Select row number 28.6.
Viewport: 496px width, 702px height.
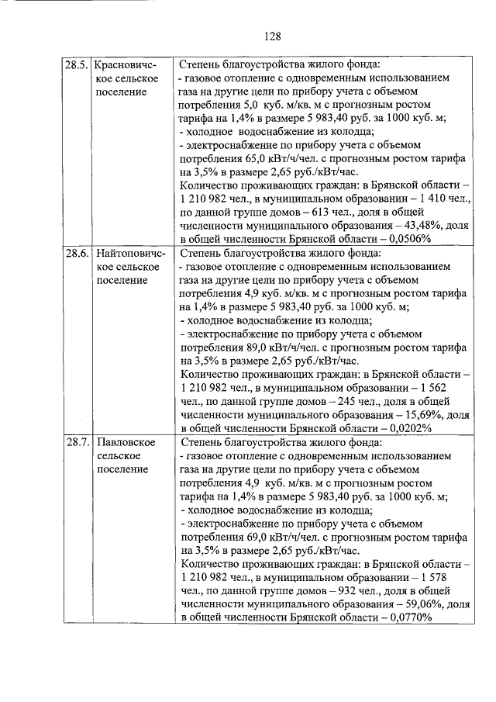click(x=76, y=254)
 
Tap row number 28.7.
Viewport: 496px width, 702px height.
click(x=76, y=443)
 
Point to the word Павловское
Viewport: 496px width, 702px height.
click(x=127, y=443)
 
